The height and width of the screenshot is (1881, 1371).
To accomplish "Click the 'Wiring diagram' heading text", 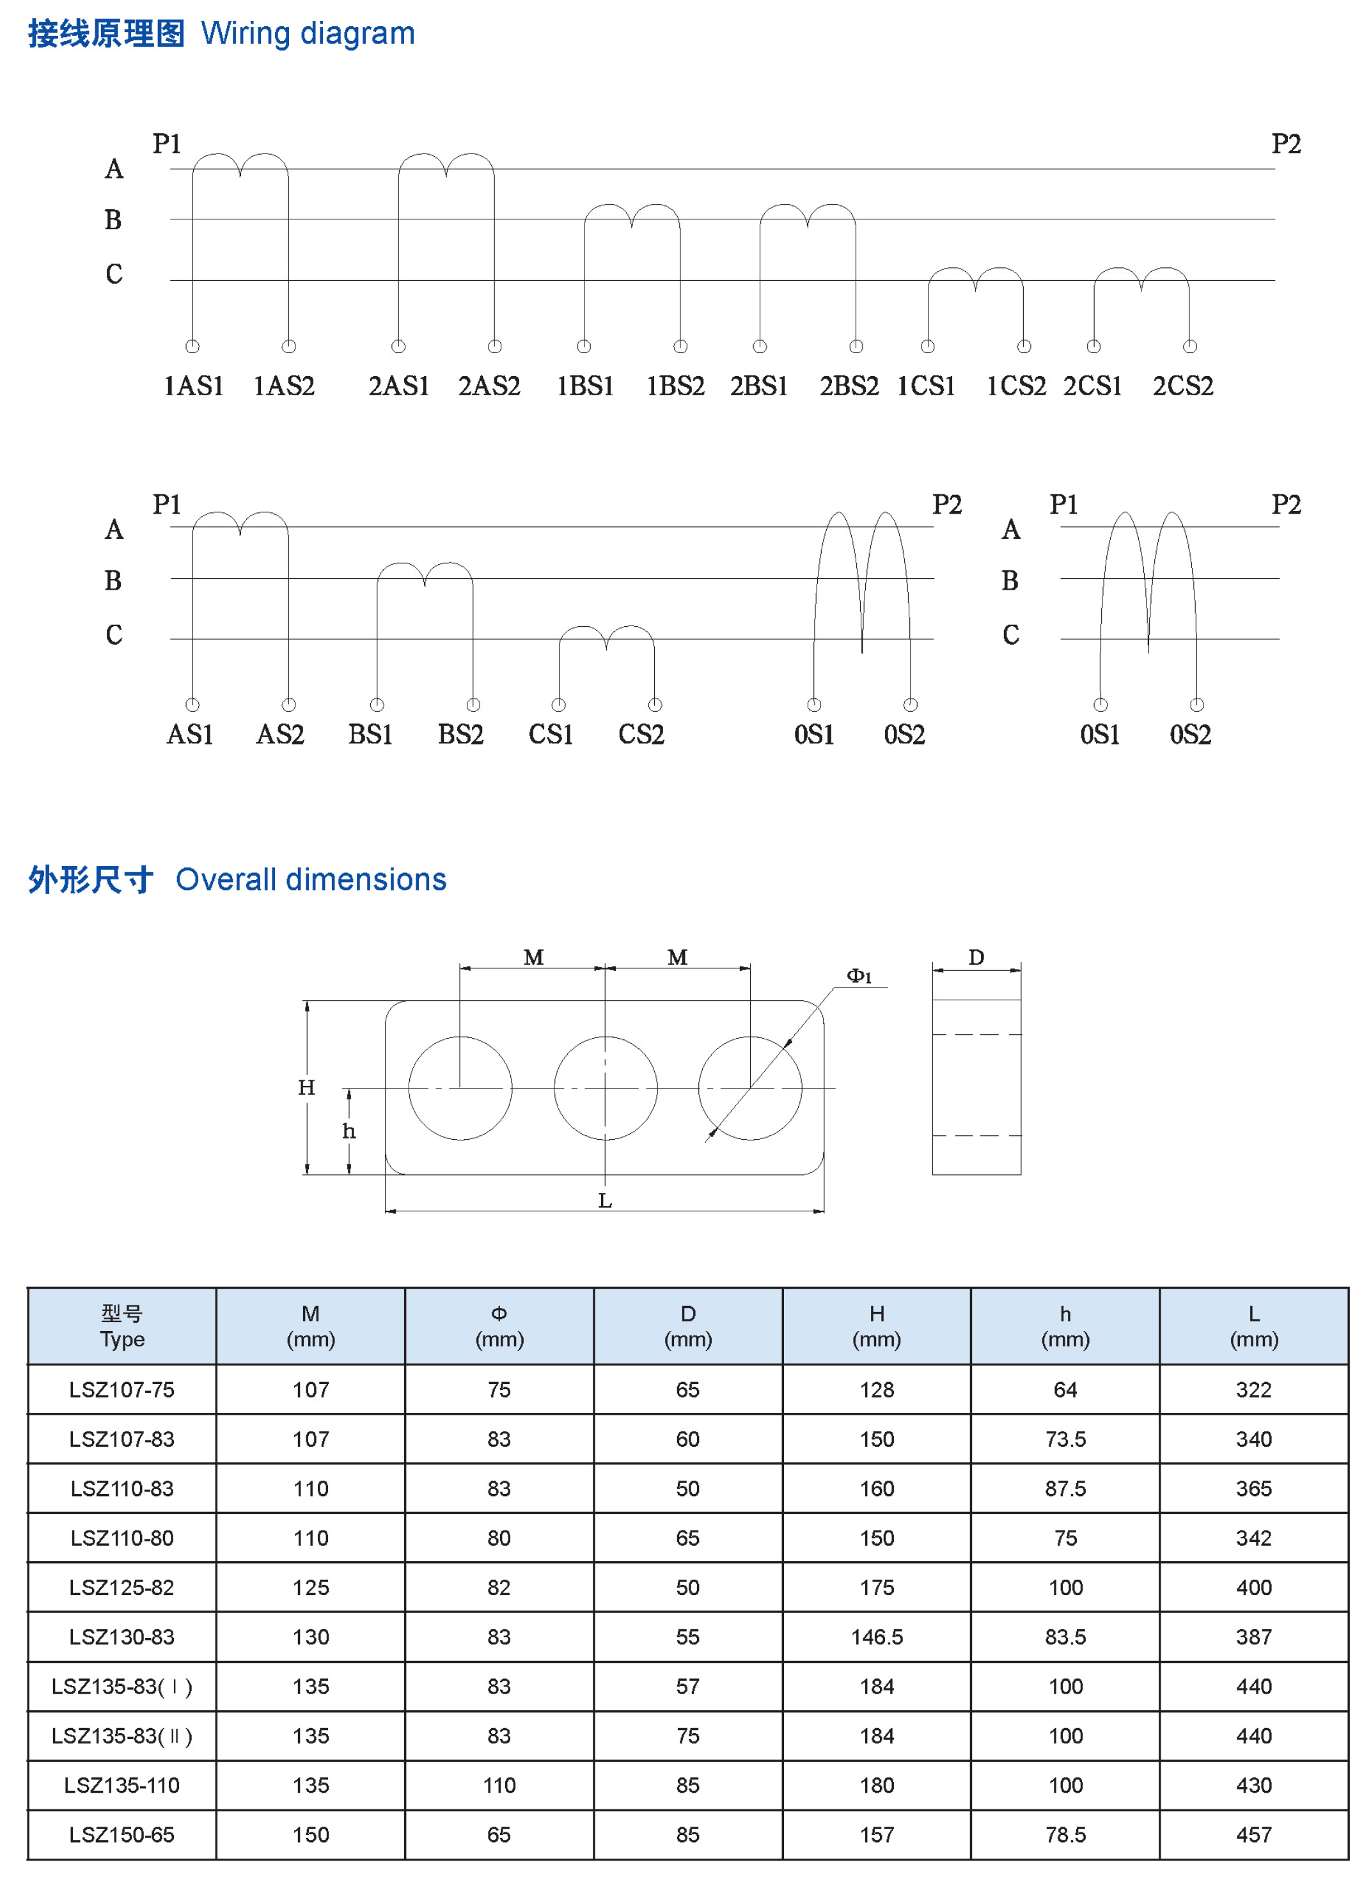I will point(307,34).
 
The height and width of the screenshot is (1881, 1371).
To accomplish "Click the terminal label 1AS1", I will point(193,386).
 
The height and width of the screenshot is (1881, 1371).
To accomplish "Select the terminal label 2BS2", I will point(849,386).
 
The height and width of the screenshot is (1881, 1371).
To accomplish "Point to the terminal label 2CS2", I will point(1182,386).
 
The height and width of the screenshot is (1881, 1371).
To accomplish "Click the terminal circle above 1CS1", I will point(928,346).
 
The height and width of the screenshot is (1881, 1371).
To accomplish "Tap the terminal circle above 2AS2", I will point(495,346).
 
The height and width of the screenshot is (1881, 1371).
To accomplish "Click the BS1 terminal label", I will point(370,735).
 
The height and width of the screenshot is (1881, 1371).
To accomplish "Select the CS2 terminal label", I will point(641,735).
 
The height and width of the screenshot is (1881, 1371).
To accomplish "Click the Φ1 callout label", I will point(859,976).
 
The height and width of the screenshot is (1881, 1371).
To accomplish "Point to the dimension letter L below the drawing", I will point(605,1201).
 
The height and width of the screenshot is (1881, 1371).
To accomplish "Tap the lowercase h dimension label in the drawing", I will point(349,1131).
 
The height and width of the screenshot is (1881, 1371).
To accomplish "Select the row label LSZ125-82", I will point(122,1588).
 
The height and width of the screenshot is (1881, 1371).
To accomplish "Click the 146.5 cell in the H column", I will point(876,1637).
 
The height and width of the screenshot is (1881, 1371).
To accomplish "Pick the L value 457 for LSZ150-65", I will point(1253,1834).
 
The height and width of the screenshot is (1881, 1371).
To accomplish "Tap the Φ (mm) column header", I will point(499,1326).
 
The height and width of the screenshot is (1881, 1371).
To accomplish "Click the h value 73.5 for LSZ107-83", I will point(1065,1440).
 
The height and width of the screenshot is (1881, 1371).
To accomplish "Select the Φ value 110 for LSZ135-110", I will point(499,1786).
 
